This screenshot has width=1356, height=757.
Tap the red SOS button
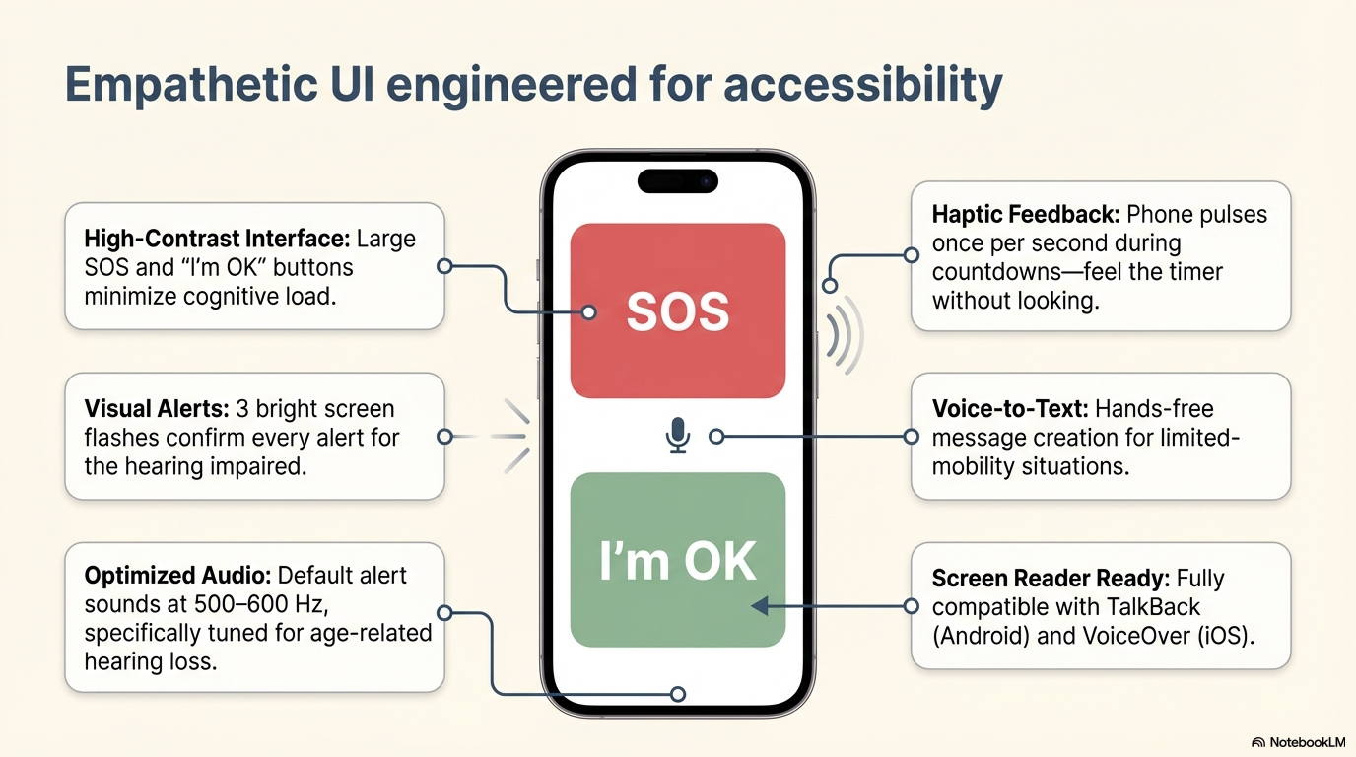click(677, 310)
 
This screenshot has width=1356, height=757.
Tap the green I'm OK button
click(677, 560)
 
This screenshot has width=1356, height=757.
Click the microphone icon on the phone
click(677, 435)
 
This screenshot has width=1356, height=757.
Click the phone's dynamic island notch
click(677, 181)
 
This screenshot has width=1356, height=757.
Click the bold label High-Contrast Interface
click(216, 240)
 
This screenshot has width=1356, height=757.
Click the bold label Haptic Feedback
click(1024, 215)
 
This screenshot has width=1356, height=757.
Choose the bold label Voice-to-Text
click(1009, 409)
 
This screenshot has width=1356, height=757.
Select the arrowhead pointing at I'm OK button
click(759, 605)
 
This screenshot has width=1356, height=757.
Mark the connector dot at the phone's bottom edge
click(677, 694)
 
